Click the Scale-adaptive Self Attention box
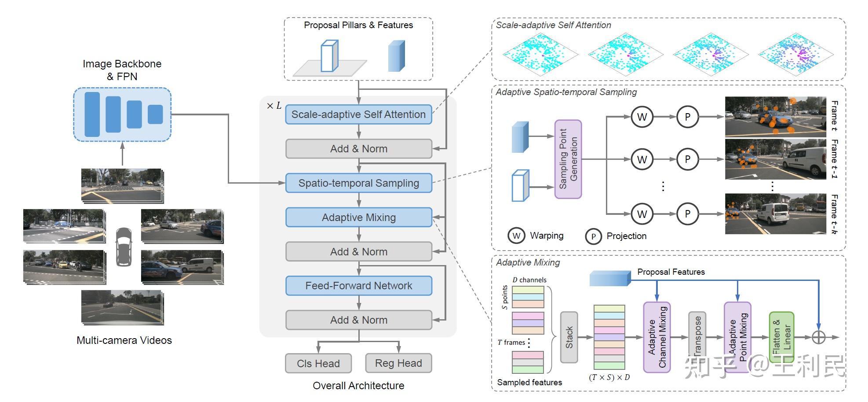358,114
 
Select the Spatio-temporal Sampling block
358,183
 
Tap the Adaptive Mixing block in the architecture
358,218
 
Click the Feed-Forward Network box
358,286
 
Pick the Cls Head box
318,364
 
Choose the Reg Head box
398,363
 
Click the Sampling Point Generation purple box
568,159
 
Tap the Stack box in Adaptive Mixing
569,337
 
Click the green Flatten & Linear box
781,337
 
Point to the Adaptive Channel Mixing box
656,337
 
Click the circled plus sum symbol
818,337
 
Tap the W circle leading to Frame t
642,117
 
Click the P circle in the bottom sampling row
687,214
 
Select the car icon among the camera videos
124,247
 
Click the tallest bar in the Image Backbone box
92,114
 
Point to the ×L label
274,106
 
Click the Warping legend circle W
517,236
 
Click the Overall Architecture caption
358,386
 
